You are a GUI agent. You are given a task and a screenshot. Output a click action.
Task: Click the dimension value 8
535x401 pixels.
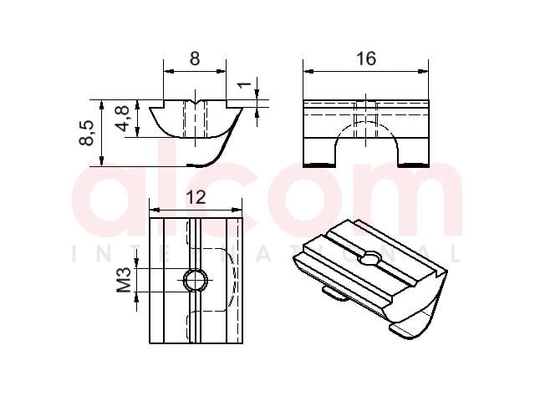(195, 58)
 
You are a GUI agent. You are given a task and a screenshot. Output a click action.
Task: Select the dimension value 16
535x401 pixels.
(366, 58)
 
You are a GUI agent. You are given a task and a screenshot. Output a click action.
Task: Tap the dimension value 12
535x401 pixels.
(196, 197)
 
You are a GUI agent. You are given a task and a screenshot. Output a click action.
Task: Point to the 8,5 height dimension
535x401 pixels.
(86, 133)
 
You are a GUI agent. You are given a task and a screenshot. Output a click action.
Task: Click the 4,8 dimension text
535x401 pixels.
(122, 118)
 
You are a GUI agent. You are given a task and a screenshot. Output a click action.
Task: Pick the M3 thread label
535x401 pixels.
(124, 280)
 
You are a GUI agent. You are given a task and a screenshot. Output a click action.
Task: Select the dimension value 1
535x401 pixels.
(244, 84)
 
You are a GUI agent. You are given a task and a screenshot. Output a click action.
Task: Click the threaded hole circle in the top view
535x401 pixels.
(196, 281)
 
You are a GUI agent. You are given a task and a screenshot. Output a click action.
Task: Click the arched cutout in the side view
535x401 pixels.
(367, 125)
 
